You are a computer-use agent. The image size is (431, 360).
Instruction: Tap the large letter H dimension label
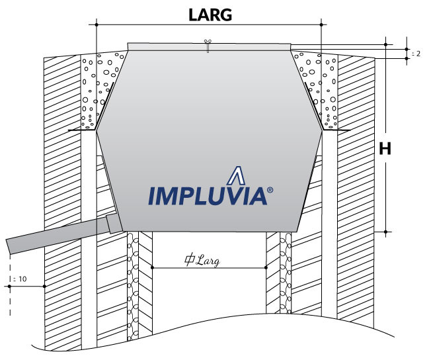385,150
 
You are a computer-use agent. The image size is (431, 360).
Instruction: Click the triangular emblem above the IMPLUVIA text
236,176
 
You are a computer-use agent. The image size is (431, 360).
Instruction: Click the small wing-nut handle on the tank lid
208,45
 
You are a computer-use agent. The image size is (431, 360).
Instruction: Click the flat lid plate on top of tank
209,46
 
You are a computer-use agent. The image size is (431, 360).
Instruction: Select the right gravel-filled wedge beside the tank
320,89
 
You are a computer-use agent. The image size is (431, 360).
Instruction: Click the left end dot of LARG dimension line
97,24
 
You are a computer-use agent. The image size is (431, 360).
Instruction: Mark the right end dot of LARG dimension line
321,24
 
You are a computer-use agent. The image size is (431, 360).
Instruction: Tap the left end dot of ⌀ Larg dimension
153,267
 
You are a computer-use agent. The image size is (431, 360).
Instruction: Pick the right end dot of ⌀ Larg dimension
266,267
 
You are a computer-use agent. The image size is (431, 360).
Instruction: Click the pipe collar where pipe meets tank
111,224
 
